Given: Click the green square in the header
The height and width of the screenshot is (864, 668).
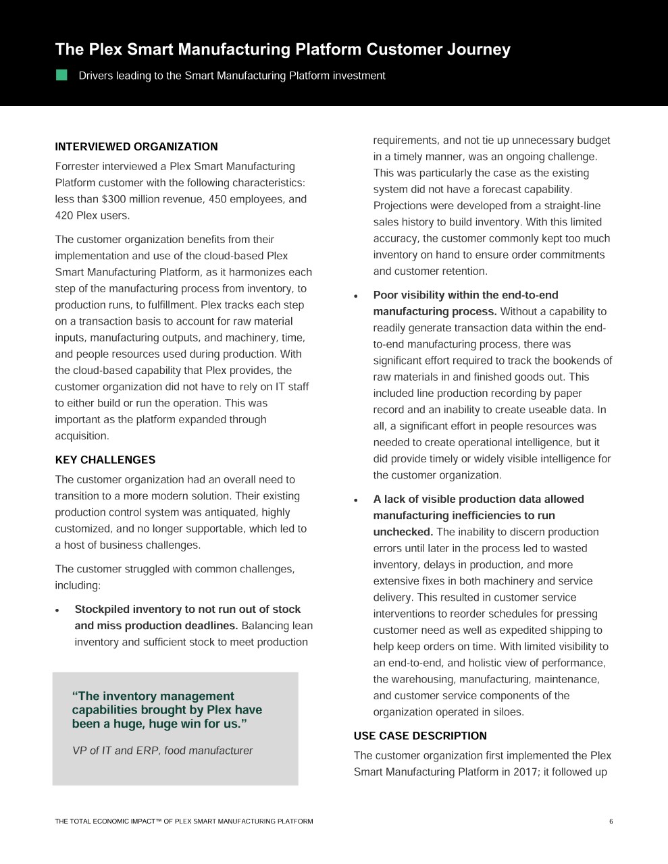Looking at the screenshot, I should click(x=61, y=75).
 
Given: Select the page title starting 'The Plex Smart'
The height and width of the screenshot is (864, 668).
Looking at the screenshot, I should click(x=282, y=49).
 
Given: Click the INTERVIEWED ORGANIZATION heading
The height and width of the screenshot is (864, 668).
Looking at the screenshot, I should click(x=136, y=146).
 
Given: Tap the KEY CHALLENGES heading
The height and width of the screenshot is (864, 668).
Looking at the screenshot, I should click(x=105, y=460).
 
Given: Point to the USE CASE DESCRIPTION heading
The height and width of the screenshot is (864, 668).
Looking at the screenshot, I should click(x=420, y=736).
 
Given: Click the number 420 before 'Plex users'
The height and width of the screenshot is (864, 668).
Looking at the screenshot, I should click(x=64, y=215).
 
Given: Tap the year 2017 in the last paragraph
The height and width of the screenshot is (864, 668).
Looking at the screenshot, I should click(x=515, y=772).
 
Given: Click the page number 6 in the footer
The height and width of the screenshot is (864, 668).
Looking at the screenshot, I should click(x=611, y=821).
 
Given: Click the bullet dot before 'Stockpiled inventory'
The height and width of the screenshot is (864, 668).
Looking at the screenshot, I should click(x=59, y=610).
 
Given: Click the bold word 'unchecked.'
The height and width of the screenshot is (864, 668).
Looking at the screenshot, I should click(x=403, y=532).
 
